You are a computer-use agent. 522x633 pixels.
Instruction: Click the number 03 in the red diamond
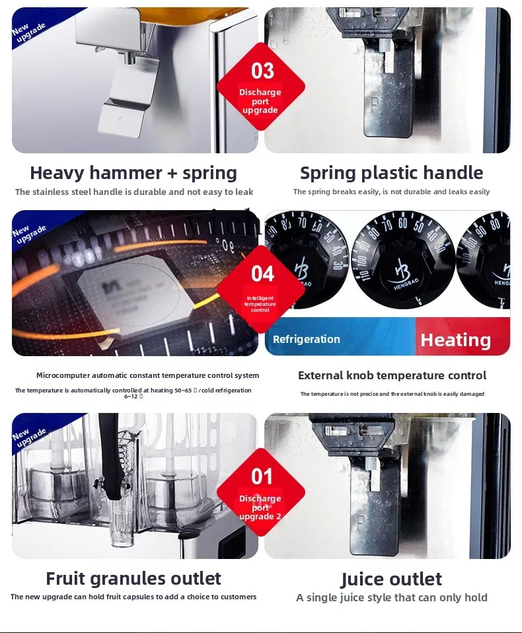click(262, 71)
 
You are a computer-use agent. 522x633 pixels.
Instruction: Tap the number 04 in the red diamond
click(262, 274)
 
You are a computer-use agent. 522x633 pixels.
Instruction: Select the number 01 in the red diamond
click(262, 476)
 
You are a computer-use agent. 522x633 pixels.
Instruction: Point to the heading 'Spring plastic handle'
click(391, 173)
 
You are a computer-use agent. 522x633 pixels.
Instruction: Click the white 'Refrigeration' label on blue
click(307, 339)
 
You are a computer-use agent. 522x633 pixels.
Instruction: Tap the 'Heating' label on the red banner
click(455, 340)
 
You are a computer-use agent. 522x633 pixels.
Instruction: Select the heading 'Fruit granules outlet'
click(133, 579)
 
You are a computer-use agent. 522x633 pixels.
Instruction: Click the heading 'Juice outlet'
click(391, 579)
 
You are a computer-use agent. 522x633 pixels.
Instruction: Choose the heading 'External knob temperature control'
click(392, 375)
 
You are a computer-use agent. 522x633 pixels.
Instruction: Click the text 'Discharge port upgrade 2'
click(260, 507)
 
